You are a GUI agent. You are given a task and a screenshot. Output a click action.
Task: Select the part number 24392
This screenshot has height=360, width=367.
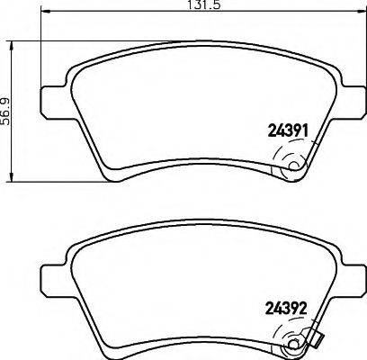(289, 305)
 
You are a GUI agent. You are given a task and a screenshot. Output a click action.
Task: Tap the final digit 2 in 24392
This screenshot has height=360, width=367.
(306, 305)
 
